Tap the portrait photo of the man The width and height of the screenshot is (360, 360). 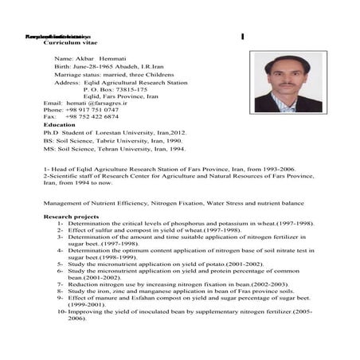tap(283, 83)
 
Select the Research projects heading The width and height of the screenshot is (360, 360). tap(71, 217)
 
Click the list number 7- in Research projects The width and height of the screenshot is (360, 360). tap(61, 284)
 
